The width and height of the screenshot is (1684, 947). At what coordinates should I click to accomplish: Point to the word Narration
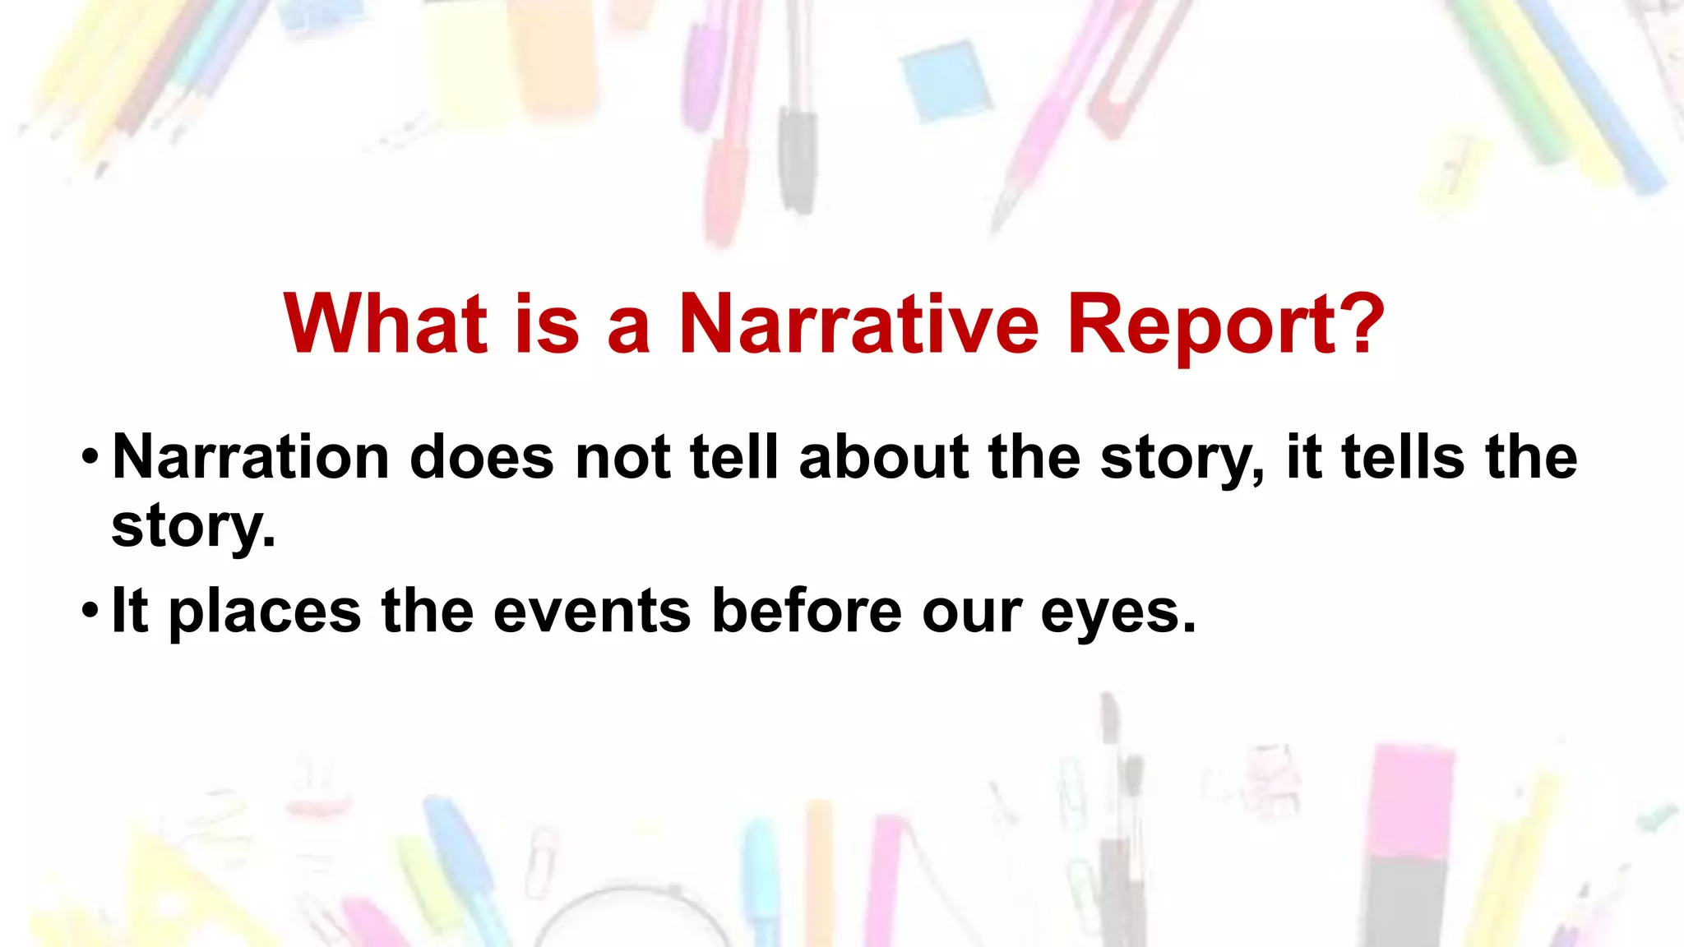coord(250,457)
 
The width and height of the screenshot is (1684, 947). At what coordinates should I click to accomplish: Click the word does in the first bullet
coord(481,457)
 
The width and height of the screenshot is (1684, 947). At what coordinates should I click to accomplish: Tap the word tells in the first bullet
coord(1403,457)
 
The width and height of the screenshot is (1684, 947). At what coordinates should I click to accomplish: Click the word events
coord(592,611)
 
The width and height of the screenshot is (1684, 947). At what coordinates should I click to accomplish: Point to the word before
coord(807,611)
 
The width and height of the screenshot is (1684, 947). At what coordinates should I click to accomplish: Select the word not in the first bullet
coord(622,457)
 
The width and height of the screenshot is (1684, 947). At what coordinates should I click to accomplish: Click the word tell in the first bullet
coord(734,457)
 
